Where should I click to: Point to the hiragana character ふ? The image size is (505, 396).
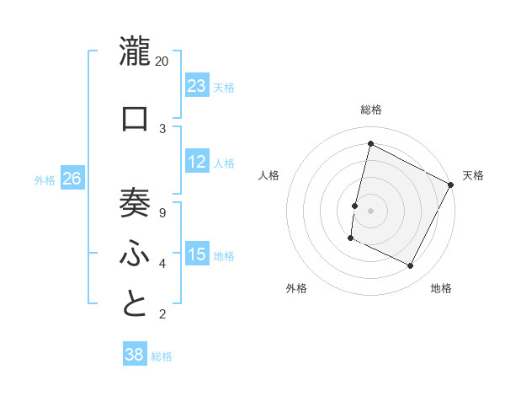click(135, 252)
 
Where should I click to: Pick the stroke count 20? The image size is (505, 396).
click(162, 61)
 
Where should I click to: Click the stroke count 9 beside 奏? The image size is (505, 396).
click(162, 211)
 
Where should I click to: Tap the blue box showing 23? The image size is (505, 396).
click(197, 85)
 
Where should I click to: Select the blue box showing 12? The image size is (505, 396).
click(197, 162)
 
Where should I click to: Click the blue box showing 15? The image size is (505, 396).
click(197, 254)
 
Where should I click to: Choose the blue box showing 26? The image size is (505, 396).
click(72, 178)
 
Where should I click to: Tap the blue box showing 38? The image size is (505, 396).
click(135, 355)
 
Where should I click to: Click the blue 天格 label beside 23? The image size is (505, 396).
click(224, 87)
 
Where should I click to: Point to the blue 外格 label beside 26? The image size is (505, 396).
click(45, 179)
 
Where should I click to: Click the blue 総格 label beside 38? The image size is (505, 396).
click(162, 356)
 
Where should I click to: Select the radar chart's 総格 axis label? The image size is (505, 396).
click(370, 110)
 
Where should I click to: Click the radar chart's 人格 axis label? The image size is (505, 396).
click(268, 175)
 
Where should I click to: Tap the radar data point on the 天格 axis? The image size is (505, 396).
click(451, 185)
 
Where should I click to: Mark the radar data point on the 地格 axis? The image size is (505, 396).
click(410, 266)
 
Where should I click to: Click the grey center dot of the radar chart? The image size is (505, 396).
click(370, 210)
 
